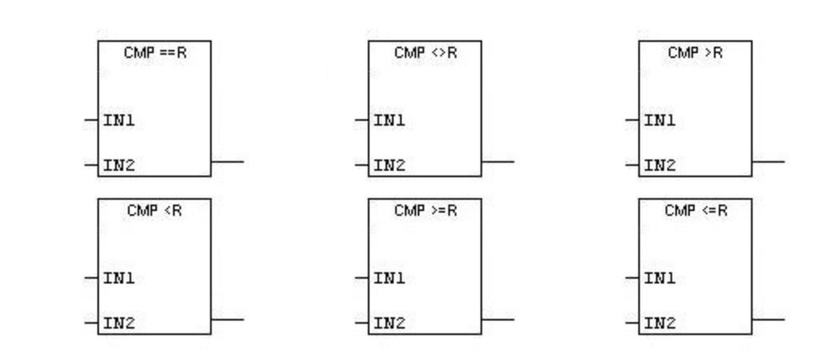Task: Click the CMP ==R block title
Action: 155,52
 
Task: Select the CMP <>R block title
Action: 426,52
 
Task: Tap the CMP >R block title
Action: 695,52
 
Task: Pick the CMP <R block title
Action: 155,210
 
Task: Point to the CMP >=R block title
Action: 426,210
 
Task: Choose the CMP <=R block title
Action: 695,210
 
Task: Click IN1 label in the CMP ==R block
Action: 118,121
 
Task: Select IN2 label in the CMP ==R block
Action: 118,166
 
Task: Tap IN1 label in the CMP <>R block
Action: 389,121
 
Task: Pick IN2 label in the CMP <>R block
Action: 389,166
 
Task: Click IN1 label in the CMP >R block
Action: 659,121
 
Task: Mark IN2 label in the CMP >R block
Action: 659,166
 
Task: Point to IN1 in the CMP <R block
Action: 118,279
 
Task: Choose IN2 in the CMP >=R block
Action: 389,324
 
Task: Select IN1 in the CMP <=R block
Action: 659,279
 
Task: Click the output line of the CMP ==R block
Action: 227,162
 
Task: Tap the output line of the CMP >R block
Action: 768,162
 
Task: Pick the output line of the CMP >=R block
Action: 497,320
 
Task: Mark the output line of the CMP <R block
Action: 227,320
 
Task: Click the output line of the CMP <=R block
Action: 768,320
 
